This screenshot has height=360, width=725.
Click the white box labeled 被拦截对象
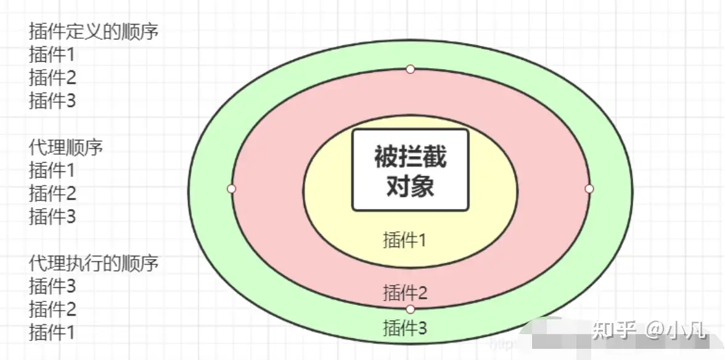click(x=410, y=170)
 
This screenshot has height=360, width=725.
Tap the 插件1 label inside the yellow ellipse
click(x=404, y=240)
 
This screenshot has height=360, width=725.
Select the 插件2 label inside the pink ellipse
click(x=404, y=292)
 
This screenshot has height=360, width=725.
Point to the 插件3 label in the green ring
click(x=404, y=327)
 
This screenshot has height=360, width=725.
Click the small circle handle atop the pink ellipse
click(x=410, y=69)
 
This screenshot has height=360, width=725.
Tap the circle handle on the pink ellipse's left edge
click(x=231, y=188)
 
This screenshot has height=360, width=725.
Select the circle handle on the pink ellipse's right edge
click(x=589, y=188)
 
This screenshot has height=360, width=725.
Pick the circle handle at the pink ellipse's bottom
click(x=410, y=309)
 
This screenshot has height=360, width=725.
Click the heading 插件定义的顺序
click(x=94, y=31)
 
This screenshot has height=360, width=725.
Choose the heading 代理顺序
click(x=65, y=147)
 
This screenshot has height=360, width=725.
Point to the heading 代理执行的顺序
click(x=94, y=263)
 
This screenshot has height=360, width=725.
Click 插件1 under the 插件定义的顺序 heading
click(x=52, y=55)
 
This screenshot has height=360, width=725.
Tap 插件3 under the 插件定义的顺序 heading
click(x=52, y=100)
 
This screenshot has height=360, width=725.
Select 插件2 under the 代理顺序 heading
click(x=52, y=194)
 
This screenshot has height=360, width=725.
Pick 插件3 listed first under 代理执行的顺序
click(x=52, y=286)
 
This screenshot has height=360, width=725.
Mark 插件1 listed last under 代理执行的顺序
click(x=52, y=332)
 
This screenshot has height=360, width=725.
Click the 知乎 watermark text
click(x=613, y=330)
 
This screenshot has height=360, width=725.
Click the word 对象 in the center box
click(x=410, y=185)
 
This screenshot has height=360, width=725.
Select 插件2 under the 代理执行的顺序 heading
click(x=52, y=309)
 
